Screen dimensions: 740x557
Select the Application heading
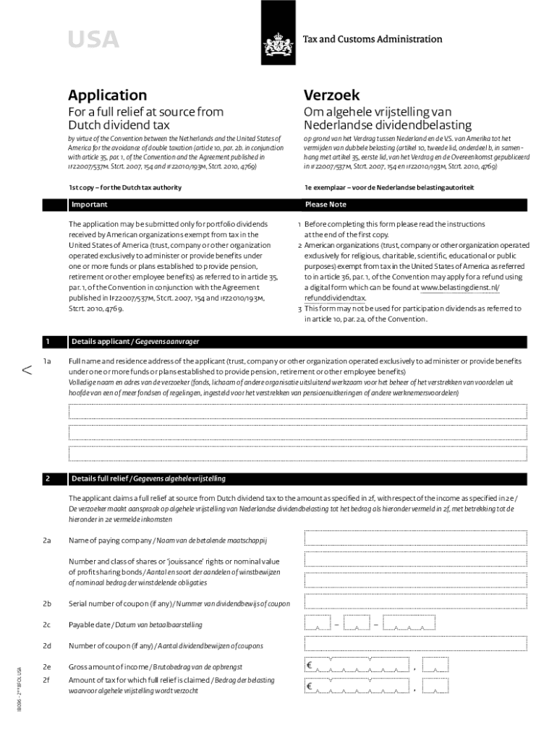107,95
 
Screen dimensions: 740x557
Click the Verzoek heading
332,95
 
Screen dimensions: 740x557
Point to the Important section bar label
90,205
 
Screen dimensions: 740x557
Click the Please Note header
326,205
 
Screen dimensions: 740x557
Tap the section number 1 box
48,341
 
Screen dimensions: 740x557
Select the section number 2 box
48,478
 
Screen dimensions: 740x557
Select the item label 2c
46,624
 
